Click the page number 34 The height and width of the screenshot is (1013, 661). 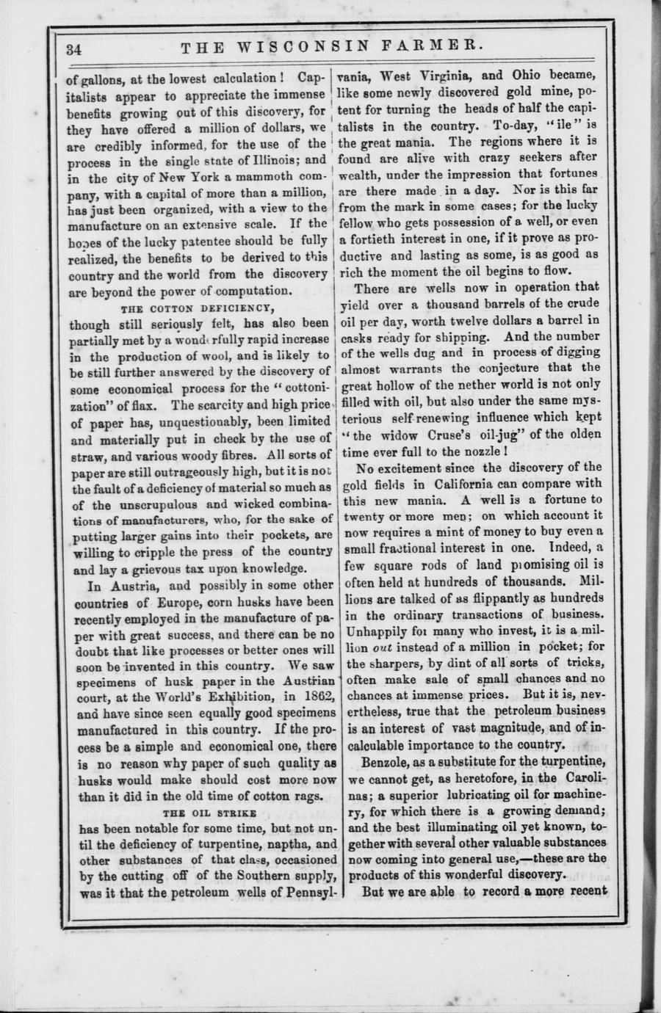coord(73,50)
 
